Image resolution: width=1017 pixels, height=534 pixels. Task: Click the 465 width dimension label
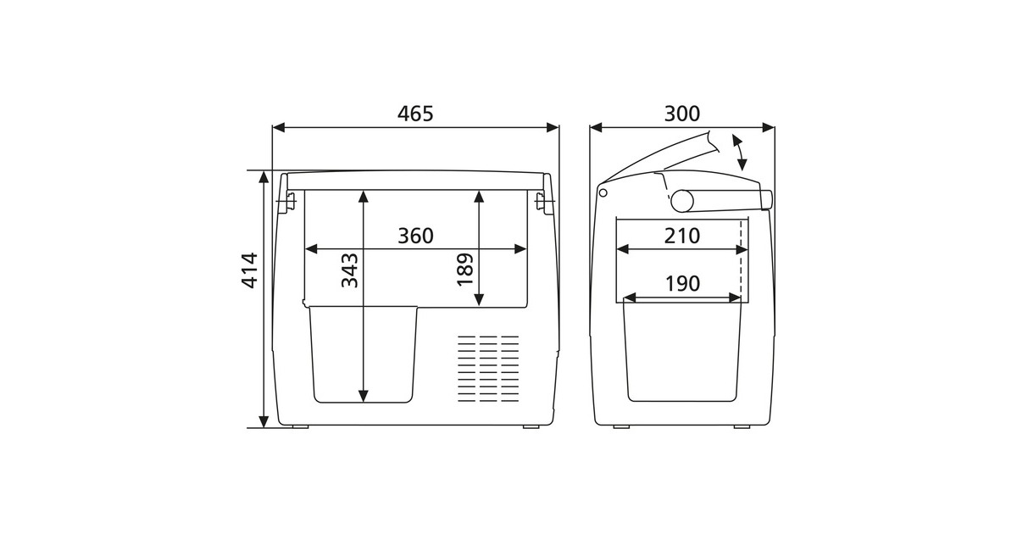click(415, 114)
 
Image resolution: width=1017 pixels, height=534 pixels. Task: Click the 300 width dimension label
click(682, 114)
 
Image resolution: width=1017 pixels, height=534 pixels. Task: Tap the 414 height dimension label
click(249, 270)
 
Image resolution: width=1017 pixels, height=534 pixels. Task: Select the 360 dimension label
click(415, 236)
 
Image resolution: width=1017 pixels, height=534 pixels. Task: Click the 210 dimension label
click(682, 236)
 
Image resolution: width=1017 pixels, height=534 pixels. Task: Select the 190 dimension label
click(682, 284)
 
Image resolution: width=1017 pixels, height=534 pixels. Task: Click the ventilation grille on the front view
click(488, 368)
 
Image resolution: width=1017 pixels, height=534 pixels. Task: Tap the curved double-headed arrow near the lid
click(740, 153)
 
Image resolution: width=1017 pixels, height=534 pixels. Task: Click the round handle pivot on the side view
click(682, 202)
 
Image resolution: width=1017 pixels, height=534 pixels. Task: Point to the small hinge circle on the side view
click(603, 192)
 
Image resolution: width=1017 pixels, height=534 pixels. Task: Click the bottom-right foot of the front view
click(531, 426)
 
